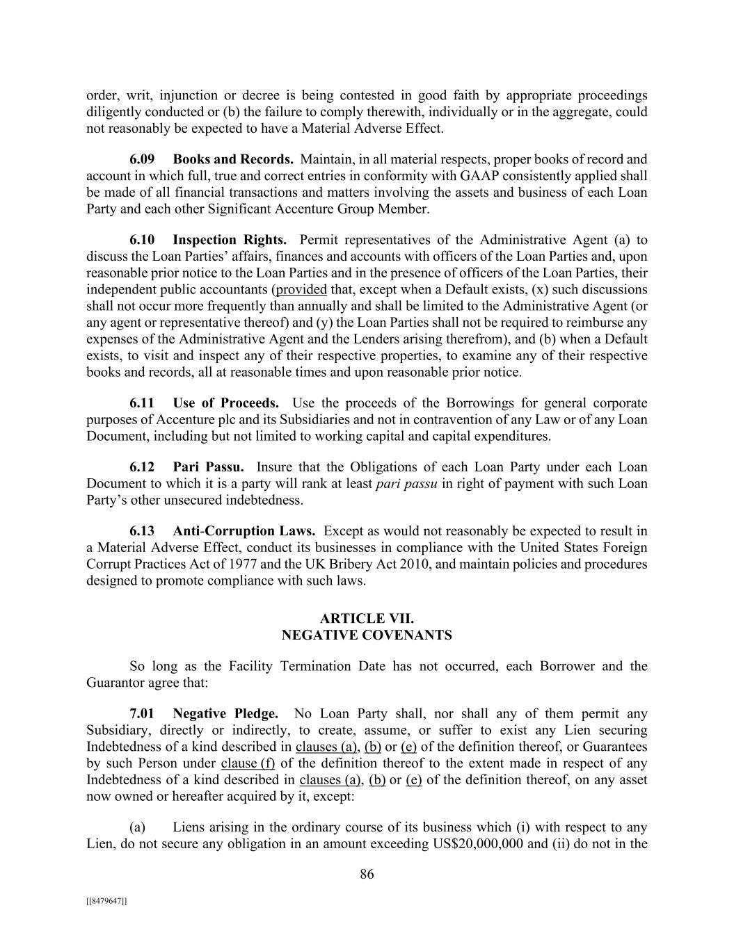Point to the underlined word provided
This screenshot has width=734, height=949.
(x=301, y=290)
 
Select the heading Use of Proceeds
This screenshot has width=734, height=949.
(x=225, y=403)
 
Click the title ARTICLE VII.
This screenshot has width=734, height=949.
(x=367, y=619)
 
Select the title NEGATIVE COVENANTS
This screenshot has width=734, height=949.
(x=367, y=635)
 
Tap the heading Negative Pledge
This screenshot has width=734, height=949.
(x=225, y=713)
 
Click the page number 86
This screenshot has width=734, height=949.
(x=367, y=875)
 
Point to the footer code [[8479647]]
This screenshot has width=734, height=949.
(x=106, y=900)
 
